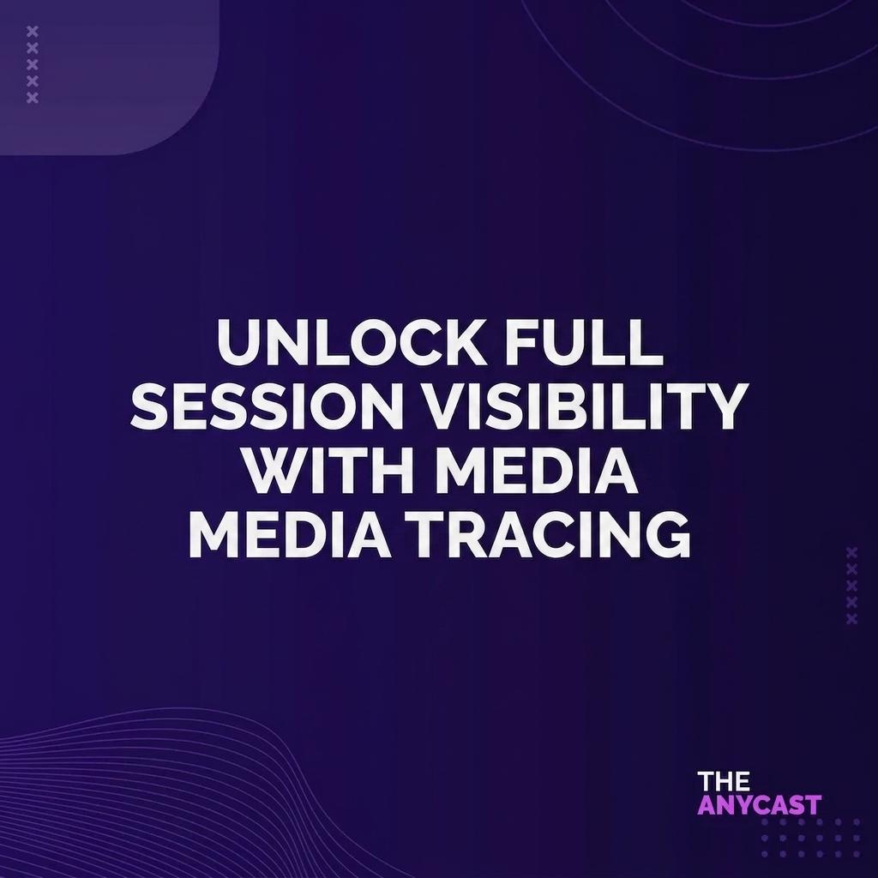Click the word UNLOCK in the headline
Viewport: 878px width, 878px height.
[x=352, y=341]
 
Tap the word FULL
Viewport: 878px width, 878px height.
[x=584, y=341]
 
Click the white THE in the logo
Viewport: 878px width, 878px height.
[x=723, y=782]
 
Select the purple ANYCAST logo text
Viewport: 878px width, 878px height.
[x=759, y=804]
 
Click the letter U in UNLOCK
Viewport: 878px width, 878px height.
[x=238, y=342]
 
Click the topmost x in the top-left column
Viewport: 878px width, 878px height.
[x=33, y=32]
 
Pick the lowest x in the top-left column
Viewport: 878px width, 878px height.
[x=33, y=98]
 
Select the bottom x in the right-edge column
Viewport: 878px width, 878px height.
[x=851, y=618]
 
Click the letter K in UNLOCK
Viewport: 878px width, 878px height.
[x=466, y=342]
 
